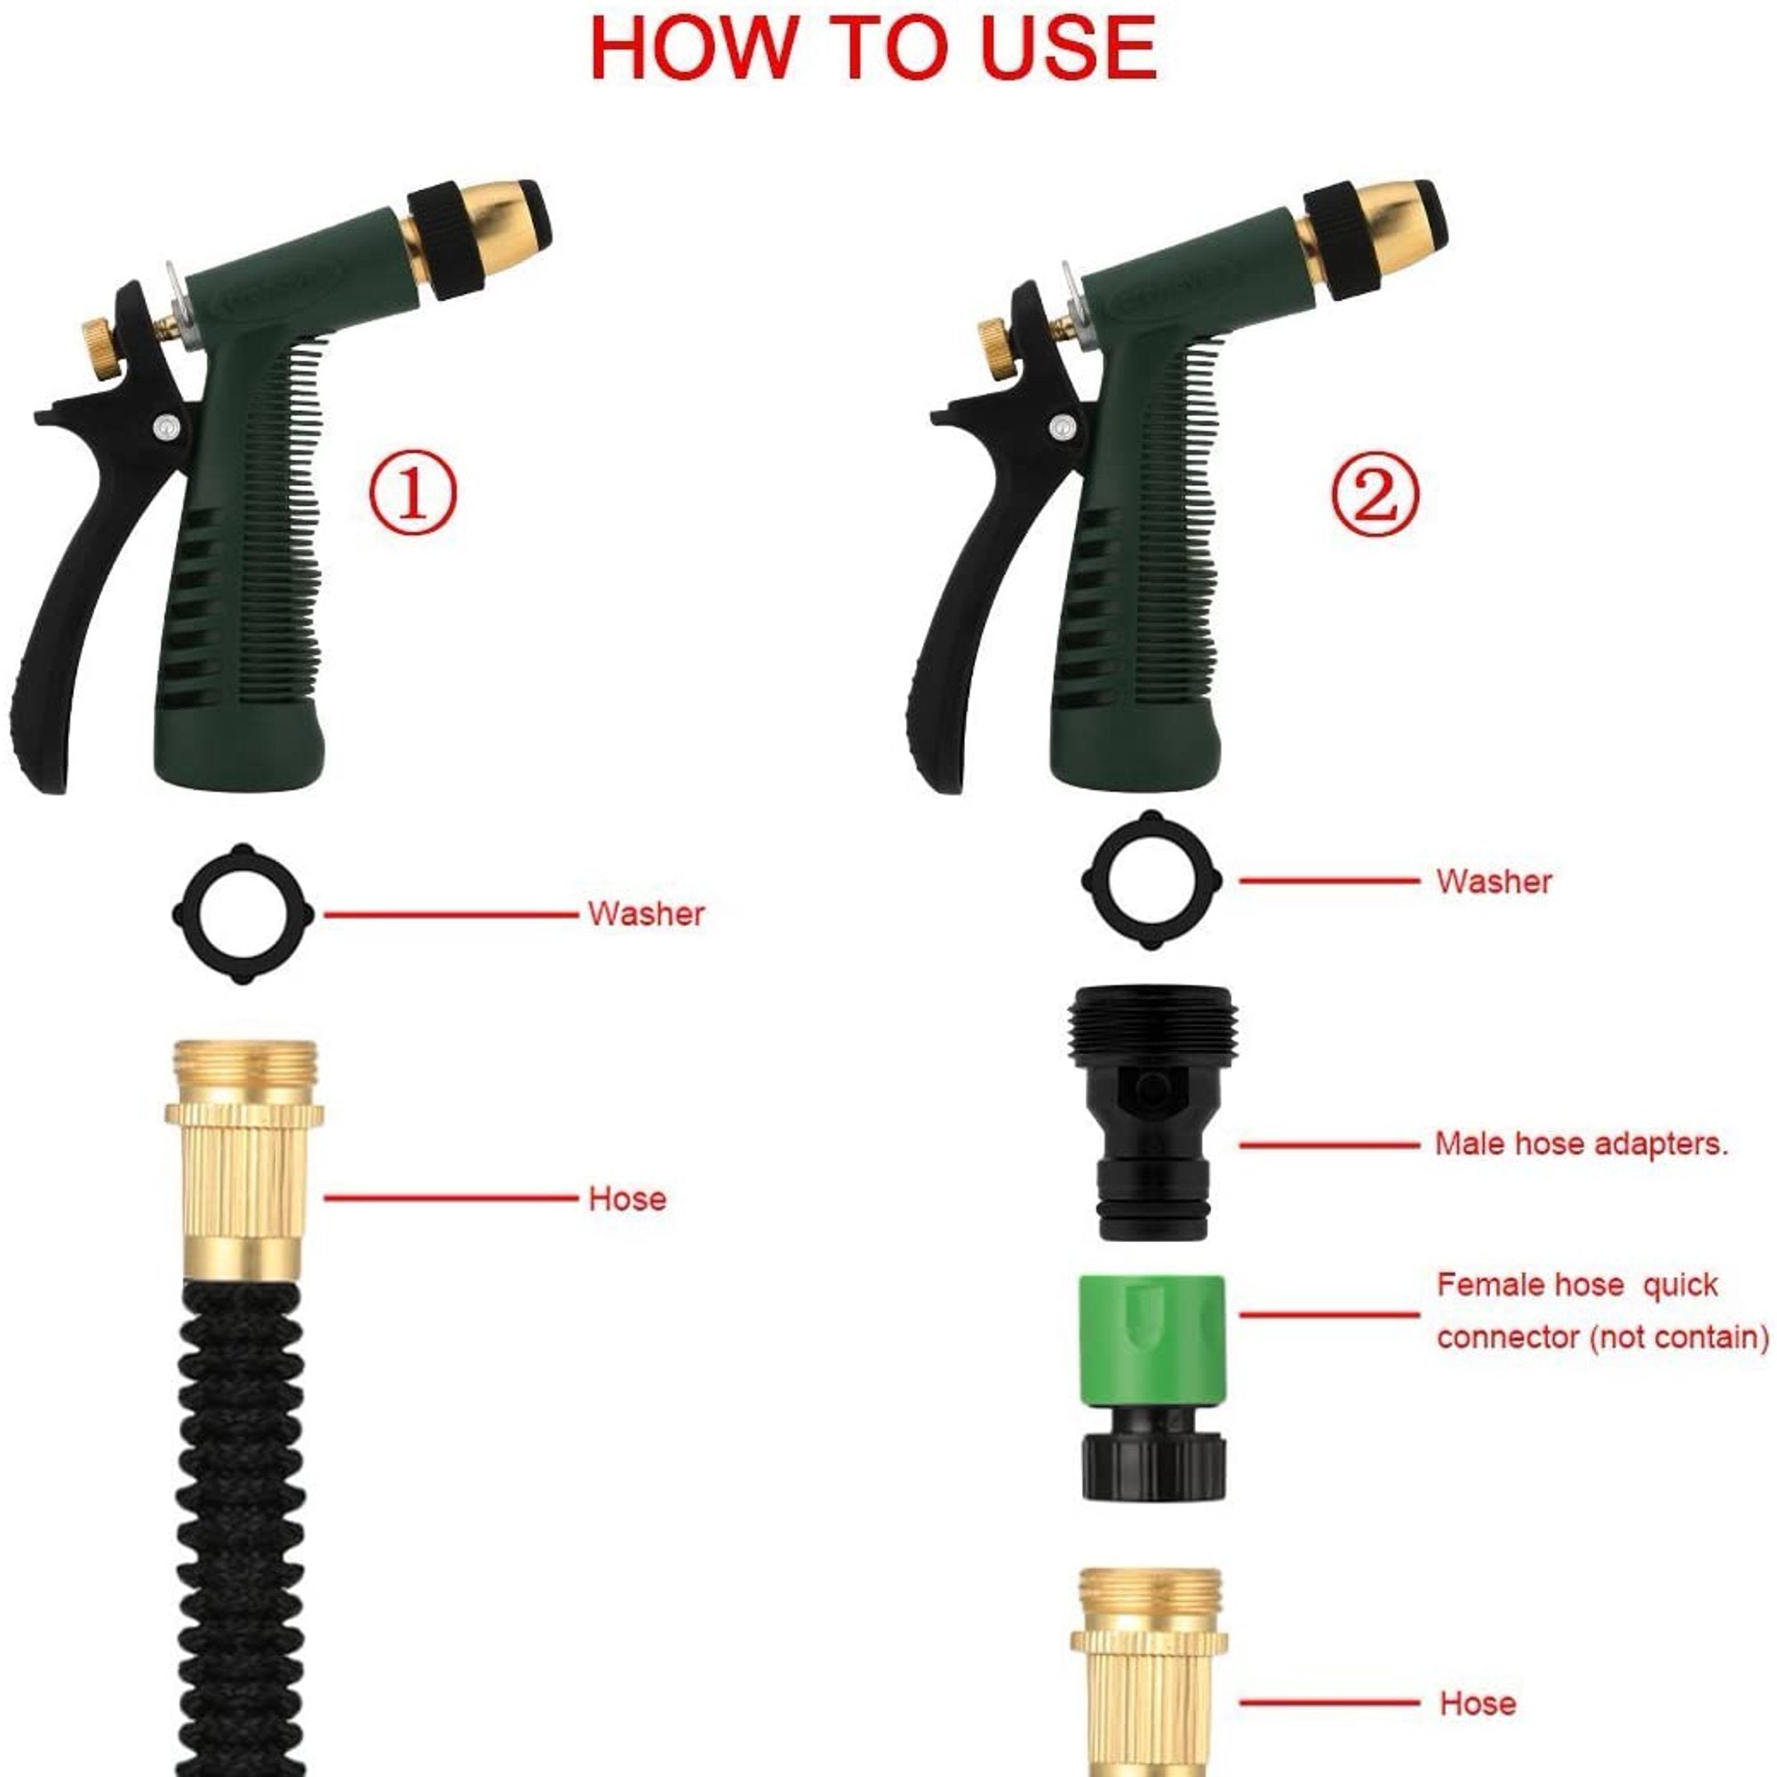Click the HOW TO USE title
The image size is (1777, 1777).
point(872,48)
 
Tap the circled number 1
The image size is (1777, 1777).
point(412,495)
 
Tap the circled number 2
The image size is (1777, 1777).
point(1375,495)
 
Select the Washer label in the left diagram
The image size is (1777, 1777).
point(646,914)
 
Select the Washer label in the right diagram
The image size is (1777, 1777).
point(1493,881)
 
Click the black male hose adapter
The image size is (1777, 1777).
point(1151,1113)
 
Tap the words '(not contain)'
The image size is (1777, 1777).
point(1678,1336)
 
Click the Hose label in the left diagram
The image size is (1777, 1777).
point(626,1199)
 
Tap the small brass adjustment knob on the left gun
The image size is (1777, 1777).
point(99,347)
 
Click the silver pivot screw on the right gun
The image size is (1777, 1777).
point(1063,426)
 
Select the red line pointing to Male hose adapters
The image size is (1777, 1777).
point(1328,1145)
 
